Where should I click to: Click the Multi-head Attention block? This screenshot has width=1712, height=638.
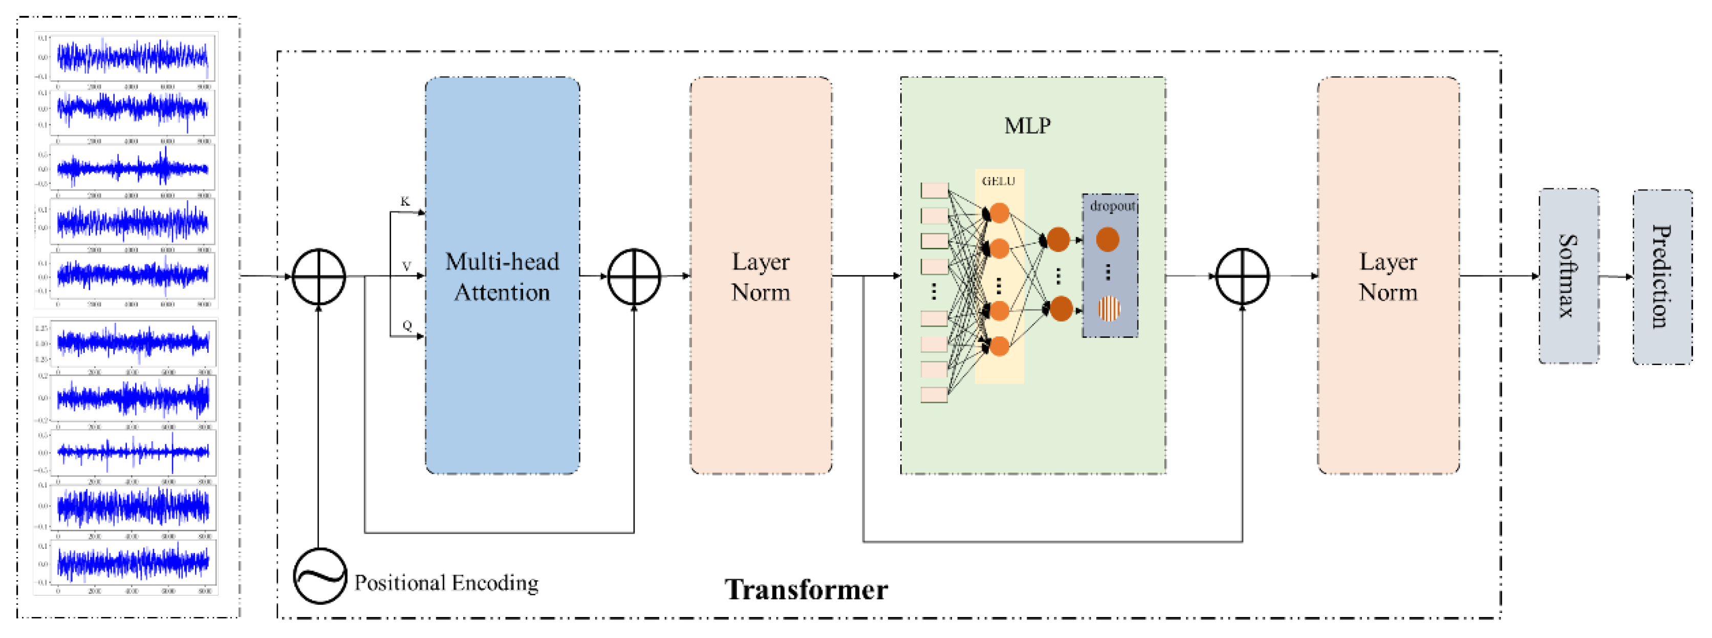pos(502,276)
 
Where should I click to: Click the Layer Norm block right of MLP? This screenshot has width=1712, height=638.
pos(1388,276)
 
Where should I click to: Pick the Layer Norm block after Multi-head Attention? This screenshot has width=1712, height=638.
pos(761,276)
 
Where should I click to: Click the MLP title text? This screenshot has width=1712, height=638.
pos(1027,125)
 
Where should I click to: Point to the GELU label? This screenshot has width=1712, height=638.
pos(998,181)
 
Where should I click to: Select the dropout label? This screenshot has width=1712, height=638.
pos(1112,206)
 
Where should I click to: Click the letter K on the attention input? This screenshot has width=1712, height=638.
pos(405,201)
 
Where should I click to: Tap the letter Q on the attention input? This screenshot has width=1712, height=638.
pos(407,325)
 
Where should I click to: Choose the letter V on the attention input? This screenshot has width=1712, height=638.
pos(407,266)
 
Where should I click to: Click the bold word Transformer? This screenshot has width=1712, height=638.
pos(806,589)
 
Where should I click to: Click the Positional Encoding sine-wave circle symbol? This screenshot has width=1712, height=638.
pos(320,576)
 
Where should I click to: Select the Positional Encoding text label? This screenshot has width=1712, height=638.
pos(446,583)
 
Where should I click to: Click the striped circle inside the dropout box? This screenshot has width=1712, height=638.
pos(1108,308)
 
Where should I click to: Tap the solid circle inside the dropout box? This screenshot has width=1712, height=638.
pos(1107,239)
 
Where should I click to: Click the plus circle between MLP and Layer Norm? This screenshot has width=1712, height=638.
pos(1242,276)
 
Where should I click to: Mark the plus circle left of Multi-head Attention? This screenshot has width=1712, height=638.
pos(319,277)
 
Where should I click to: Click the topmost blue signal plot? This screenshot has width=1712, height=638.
pos(133,57)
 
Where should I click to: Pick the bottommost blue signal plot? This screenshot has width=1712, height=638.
pos(133,562)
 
